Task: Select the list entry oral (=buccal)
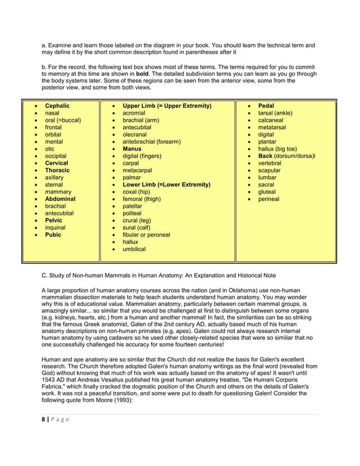click(x=63, y=120)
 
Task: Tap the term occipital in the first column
click(x=55, y=156)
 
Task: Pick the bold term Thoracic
click(x=57, y=170)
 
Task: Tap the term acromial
click(x=134, y=113)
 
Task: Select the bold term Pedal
click(x=266, y=105)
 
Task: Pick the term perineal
click(x=269, y=199)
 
